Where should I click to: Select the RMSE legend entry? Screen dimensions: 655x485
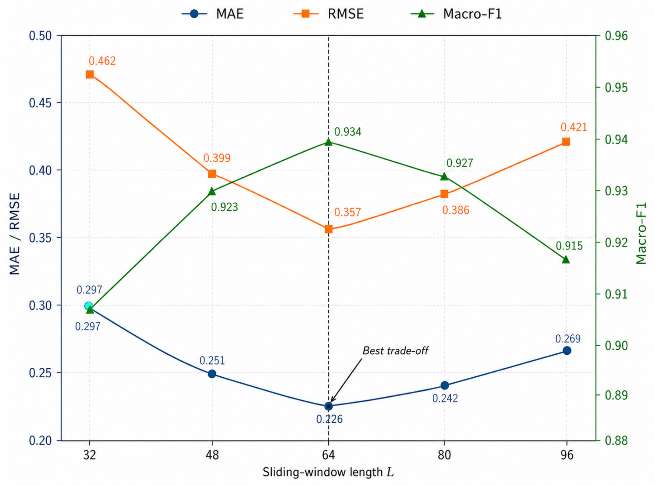pyautogui.click(x=329, y=14)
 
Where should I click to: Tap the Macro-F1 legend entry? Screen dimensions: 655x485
pyautogui.click(x=456, y=14)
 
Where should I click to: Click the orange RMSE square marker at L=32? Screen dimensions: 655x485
pyautogui.click(x=90, y=75)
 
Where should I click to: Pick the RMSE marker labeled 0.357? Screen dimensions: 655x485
pyautogui.click(x=329, y=229)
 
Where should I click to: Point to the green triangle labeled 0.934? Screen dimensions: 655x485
pyautogui.click(x=329, y=142)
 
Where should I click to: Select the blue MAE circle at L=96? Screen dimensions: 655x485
pyautogui.click(x=567, y=350)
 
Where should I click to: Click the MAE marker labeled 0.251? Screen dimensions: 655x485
pyautogui.click(x=212, y=374)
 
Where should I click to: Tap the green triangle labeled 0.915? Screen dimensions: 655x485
pyautogui.click(x=566, y=260)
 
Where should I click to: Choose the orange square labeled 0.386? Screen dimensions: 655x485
pyautogui.click(x=444, y=194)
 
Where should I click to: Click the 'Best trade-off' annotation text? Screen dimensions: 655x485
pyautogui.click(x=395, y=350)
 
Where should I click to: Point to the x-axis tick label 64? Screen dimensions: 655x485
pyautogui.click(x=328, y=455)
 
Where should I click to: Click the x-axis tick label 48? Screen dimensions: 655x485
pyautogui.click(x=212, y=455)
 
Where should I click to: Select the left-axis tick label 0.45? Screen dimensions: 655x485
pyautogui.click(x=40, y=103)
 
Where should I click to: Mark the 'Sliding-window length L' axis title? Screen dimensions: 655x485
pyautogui.click(x=328, y=472)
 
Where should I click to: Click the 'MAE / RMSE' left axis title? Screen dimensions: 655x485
pyautogui.click(x=15, y=234)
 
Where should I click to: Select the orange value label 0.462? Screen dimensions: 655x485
pyautogui.click(x=102, y=61)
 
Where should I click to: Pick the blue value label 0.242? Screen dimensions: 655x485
pyautogui.click(x=445, y=398)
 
